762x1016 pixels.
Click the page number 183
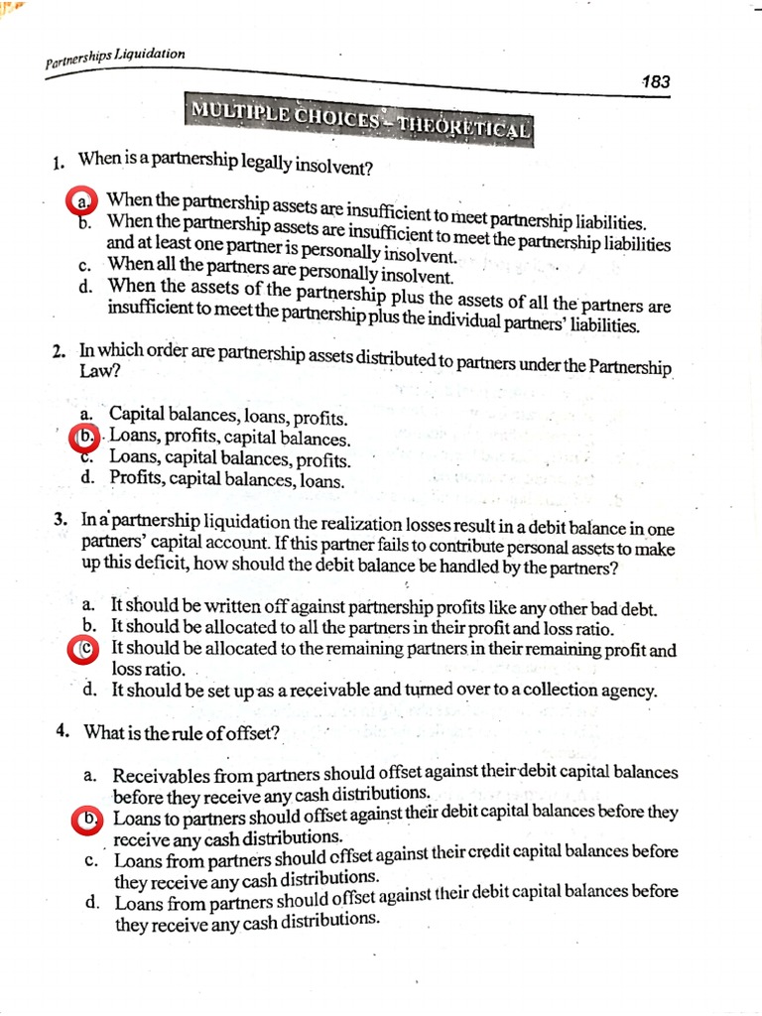[x=656, y=81]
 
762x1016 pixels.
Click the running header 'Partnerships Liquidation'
[x=115, y=59]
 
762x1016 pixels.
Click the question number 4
[x=63, y=731]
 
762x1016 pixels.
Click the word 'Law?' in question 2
[x=97, y=370]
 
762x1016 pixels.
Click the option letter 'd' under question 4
[x=91, y=902]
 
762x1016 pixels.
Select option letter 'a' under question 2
[x=87, y=414]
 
